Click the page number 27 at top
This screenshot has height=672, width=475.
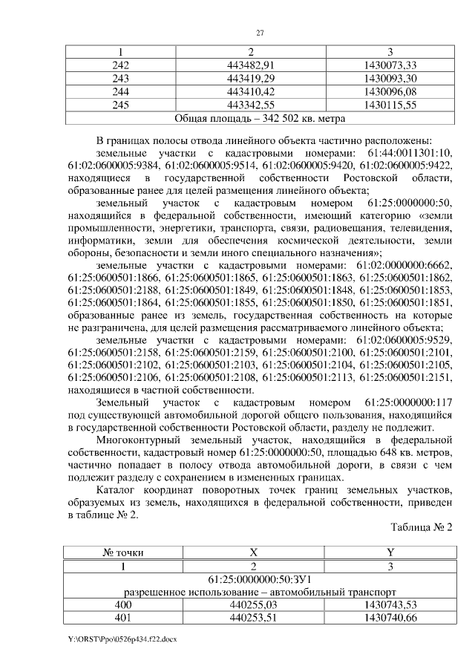coord(261,32)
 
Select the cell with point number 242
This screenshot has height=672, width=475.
coord(119,65)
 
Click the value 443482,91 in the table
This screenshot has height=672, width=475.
coord(251,65)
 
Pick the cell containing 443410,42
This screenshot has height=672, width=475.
coord(251,91)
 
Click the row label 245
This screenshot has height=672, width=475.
coord(119,105)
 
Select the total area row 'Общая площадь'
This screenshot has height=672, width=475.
coord(259,118)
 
